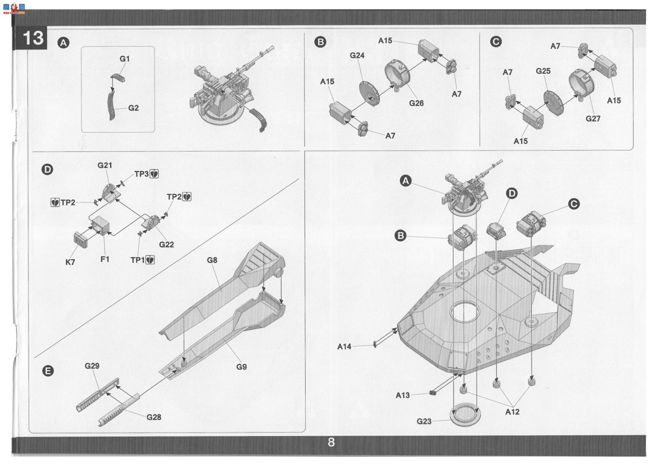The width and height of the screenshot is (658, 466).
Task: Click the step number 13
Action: coord(33,38)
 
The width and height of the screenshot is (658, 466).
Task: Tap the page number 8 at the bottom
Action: coord(331,442)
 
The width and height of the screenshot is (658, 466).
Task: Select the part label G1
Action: coord(125,59)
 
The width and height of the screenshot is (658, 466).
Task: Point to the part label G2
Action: coord(134,108)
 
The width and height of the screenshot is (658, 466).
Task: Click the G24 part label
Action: coord(357,55)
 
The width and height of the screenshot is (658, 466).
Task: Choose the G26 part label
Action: coord(416,103)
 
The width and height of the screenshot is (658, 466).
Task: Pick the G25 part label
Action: coord(543,71)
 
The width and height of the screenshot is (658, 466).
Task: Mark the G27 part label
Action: coord(593,118)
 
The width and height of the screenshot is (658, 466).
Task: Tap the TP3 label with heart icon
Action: coord(146,174)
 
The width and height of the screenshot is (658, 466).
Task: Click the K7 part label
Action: coord(70,262)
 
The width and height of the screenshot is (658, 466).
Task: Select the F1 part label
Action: coord(105,259)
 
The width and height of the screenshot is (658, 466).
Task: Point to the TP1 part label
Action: coord(143,260)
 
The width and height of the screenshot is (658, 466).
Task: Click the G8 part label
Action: coord(212,260)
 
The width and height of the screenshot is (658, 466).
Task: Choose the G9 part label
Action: coord(242,366)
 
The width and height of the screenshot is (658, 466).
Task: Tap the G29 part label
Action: coord(92,366)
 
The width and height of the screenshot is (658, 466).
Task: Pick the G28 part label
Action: coord(154,417)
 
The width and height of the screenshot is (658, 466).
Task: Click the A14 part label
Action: coord(344,346)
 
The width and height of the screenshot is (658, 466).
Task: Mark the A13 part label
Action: coord(403,395)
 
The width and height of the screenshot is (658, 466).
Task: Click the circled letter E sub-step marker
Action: coord(48,371)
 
